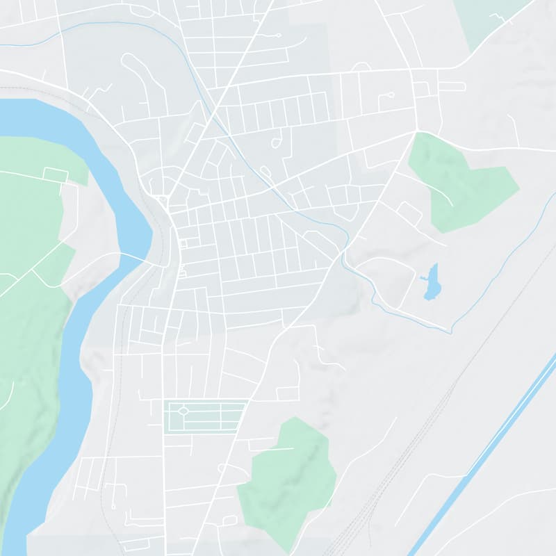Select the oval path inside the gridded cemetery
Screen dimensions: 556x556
(183, 411)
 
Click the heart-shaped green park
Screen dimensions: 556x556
(459, 184)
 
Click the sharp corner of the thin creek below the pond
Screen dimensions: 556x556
(451, 332)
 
